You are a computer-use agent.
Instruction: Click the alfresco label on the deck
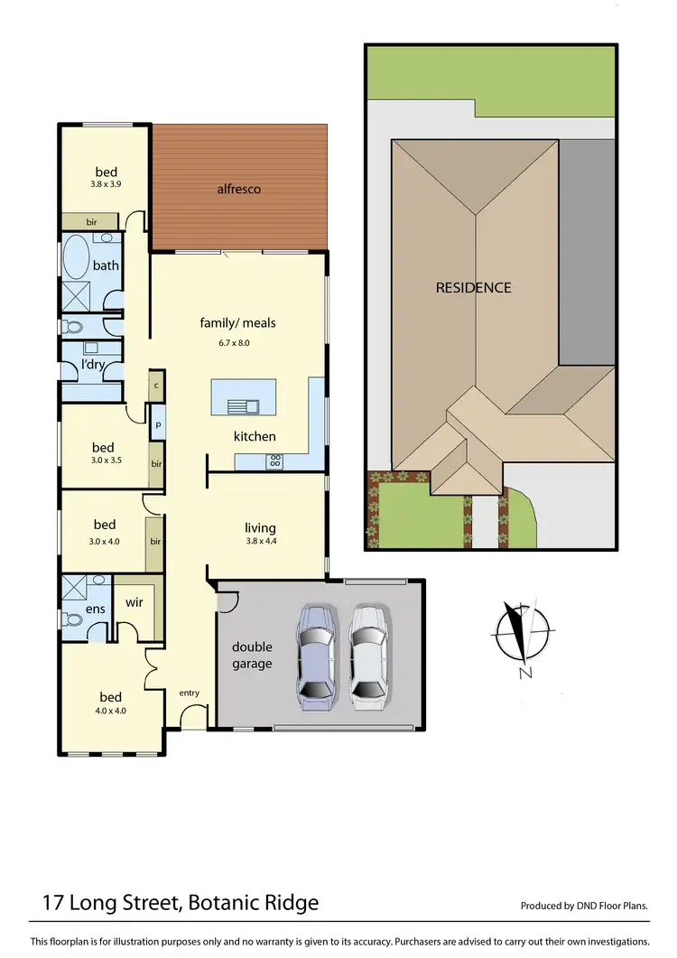coord(238,189)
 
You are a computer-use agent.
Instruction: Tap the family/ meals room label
coord(237,322)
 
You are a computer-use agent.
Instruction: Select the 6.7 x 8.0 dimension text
coord(237,342)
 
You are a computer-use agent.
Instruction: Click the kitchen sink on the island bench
coord(242,405)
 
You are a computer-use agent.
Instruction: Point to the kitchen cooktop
coord(275,460)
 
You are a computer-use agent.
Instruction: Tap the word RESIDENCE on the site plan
coord(473,287)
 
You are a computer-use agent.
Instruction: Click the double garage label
coord(252,656)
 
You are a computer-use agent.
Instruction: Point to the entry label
coord(189,693)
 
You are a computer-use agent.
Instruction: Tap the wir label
coord(134,601)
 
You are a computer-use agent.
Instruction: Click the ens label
coord(96,609)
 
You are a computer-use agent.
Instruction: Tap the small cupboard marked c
coord(156,385)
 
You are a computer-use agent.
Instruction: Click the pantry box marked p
coord(157,423)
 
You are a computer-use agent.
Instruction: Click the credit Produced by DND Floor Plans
coord(584,906)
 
